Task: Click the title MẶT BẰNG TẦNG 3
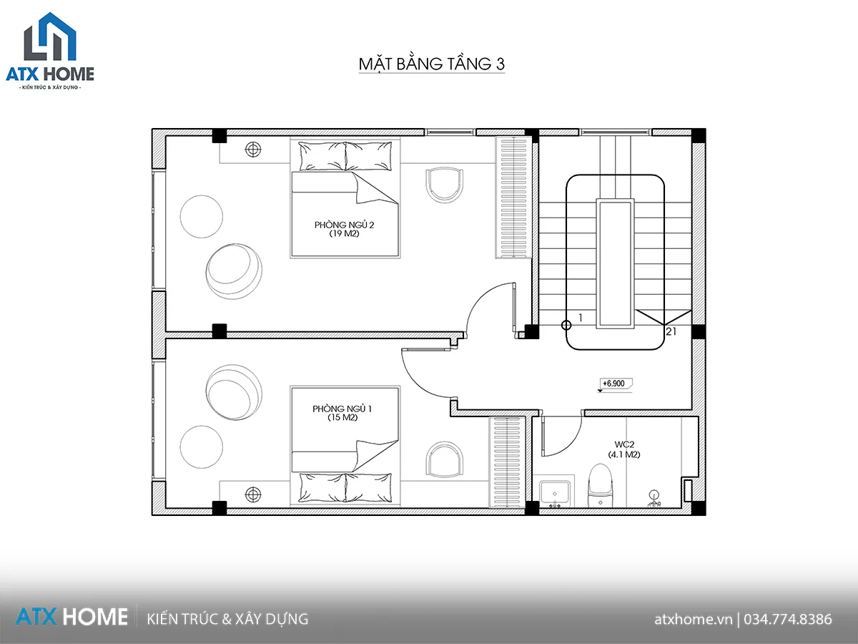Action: pos(432,64)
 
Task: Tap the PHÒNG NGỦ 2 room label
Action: pos(344,229)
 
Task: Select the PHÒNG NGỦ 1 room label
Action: pos(342,413)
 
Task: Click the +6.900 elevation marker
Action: pos(613,384)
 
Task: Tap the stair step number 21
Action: pos(671,331)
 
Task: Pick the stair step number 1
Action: pos(581,318)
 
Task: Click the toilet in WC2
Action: pos(600,486)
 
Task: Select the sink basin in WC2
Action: pos(555,493)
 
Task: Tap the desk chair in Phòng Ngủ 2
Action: pos(445,185)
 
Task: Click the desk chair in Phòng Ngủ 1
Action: pos(445,459)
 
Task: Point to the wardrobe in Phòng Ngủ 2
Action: pos(513,197)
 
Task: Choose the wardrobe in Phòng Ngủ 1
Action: pos(507,462)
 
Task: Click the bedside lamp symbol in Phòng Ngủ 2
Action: pos(253,149)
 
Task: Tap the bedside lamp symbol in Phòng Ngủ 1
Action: pos(253,494)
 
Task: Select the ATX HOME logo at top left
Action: pos(50,51)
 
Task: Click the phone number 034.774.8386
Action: pos(788,620)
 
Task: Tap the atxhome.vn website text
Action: pos(693,620)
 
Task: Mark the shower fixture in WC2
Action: pos(654,499)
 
